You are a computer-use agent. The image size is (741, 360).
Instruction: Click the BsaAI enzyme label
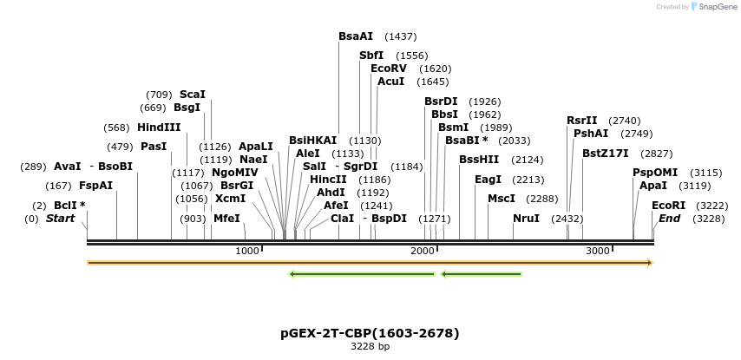point(356,36)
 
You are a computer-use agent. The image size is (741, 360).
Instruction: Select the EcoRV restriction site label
point(388,69)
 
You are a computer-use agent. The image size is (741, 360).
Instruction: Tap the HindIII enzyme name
point(159,128)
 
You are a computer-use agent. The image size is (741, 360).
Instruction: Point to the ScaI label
point(192,95)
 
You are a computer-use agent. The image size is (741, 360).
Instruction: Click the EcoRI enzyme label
point(668,206)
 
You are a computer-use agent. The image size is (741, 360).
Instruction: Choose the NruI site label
point(526,219)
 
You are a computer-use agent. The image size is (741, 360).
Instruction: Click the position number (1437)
point(401,36)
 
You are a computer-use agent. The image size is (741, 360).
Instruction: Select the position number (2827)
point(657,154)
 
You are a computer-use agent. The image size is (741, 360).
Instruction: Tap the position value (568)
point(116,128)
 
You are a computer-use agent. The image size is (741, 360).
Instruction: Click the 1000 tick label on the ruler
point(247,251)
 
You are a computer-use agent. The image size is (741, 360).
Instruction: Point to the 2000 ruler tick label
point(423,251)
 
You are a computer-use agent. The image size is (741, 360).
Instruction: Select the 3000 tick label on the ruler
point(598,251)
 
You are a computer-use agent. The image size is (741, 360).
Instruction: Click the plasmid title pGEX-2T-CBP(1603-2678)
point(370,333)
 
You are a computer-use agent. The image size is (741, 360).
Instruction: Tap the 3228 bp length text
point(370,347)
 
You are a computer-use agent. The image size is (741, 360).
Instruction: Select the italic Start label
point(61,219)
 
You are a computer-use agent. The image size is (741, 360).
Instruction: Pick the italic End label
point(669,219)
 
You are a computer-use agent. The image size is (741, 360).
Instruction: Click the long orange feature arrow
point(370,263)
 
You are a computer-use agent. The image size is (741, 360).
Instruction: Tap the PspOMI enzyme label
point(655,173)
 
